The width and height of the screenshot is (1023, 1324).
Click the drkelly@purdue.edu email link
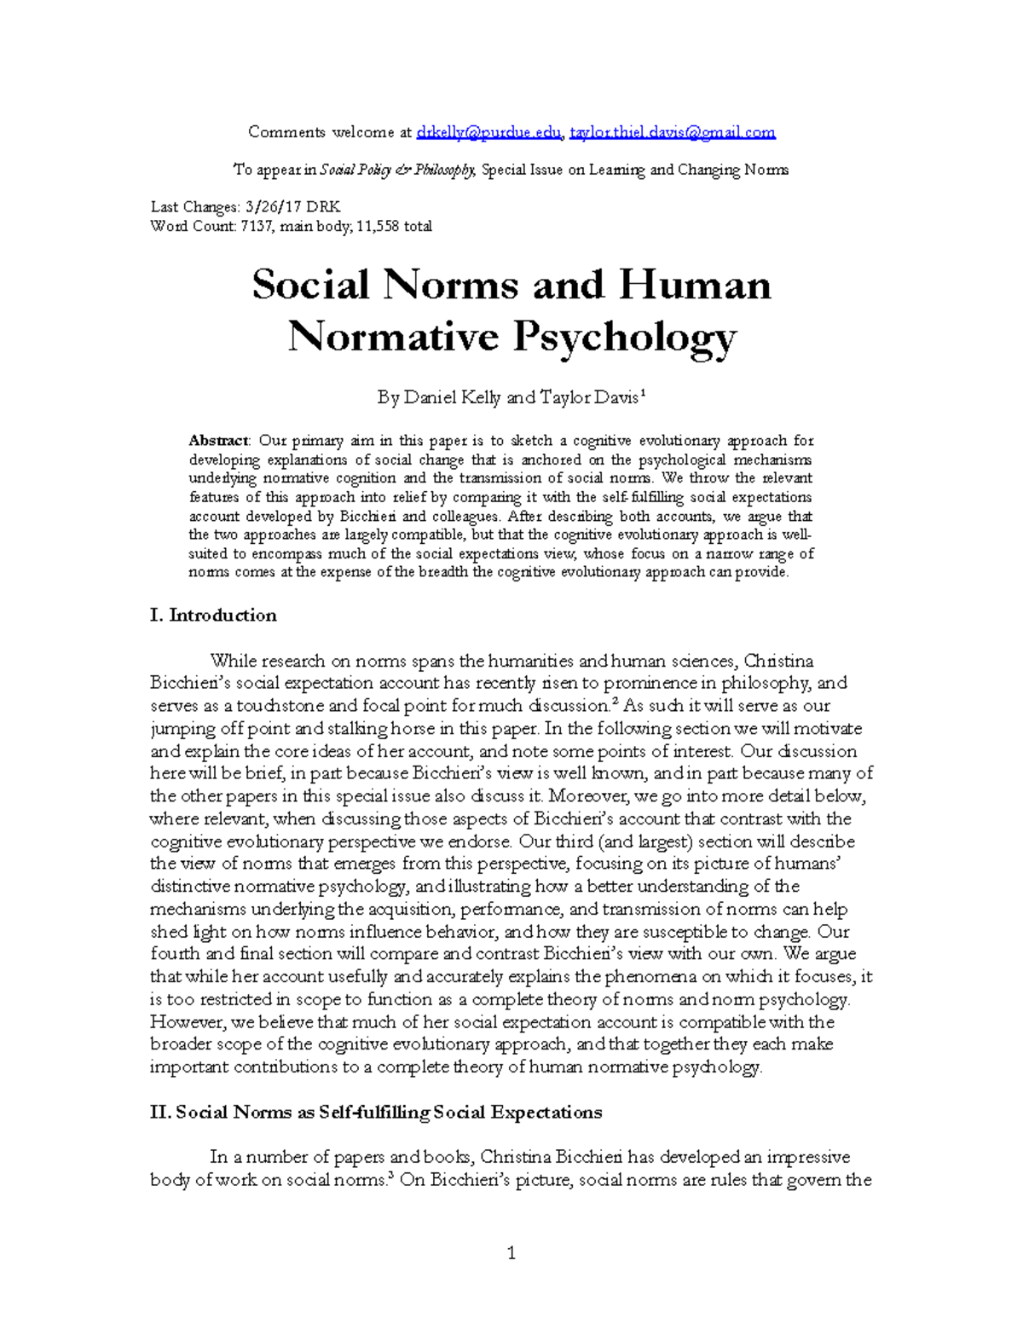pos(488,132)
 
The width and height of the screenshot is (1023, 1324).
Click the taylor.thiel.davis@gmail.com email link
pos(673,132)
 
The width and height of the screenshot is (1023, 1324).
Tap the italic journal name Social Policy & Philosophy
pos(397,170)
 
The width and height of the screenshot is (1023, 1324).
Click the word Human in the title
pos(695,285)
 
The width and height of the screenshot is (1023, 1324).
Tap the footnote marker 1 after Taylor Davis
pos(642,393)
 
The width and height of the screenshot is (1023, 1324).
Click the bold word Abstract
pos(218,441)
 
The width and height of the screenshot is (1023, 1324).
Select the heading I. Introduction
pos(213,616)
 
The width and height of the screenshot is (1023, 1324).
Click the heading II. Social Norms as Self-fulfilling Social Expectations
pos(376,1113)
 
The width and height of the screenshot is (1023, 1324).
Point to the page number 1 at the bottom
pos(511,1253)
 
